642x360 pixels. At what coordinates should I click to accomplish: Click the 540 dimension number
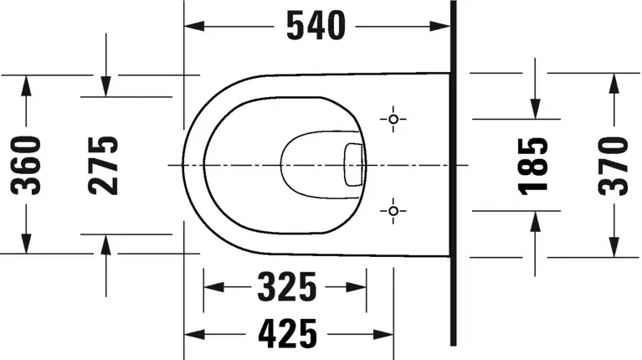pyautogui.click(x=316, y=26)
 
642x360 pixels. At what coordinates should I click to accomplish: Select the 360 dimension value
pyautogui.click(x=26, y=166)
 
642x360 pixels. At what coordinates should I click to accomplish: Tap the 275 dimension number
pyautogui.click(x=103, y=166)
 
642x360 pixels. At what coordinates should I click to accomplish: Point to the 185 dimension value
pyautogui.click(x=533, y=166)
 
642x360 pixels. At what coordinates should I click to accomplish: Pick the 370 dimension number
pyautogui.click(x=613, y=166)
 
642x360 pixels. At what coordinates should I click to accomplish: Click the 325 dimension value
pyautogui.click(x=287, y=286)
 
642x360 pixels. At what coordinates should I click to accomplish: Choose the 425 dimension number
pyautogui.click(x=287, y=334)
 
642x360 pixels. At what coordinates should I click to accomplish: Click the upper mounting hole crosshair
pyautogui.click(x=393, y=119)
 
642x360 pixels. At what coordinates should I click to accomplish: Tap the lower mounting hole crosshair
pyautogui.click(x=393, y=211)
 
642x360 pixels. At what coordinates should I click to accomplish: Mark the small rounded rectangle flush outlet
pyautogui.click(x=353, y=165)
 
